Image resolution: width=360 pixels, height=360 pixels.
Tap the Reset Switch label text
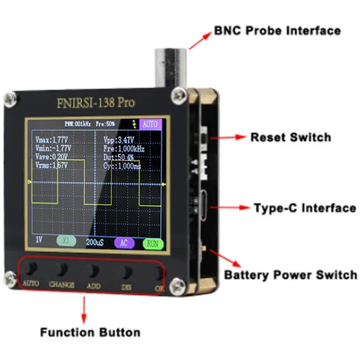point(291,138)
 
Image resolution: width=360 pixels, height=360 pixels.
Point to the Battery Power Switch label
point(290,275)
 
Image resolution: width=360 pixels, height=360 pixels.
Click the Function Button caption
point(90,332)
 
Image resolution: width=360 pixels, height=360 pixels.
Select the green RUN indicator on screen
point(152,243)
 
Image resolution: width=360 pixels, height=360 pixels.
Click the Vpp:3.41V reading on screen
point(119,140)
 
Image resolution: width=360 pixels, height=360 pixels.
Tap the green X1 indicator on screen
point(67,241)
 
